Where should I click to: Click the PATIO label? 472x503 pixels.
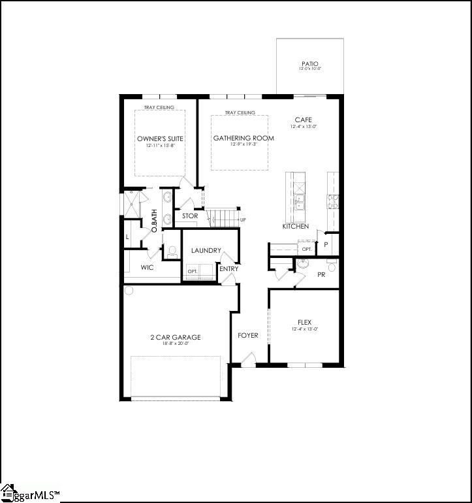click(x=310, y=63)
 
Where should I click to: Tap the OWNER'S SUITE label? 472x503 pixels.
click(x=160, y=138)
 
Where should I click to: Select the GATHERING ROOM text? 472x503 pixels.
click(x=244, y=138)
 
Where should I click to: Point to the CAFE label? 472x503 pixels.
click(x=303, y=120)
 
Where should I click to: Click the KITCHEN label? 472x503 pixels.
click(x=295, y=226)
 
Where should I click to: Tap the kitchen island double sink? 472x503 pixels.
click(x=300, y=203)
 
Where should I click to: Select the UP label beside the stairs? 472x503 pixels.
click(x=243, y=219)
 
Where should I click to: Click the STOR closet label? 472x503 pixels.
click(x=190, y=216)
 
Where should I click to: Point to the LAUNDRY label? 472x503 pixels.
click(x=206, y=251)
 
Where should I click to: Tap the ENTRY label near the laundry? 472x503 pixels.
click(x=229, y=268)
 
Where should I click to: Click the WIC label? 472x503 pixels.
click(x=147, y=268)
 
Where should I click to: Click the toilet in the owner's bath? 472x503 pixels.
click(x=173, y=250)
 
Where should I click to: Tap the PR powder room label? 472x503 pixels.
click(x=321, y=275)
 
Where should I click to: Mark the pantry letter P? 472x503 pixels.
click(x=325, y=244)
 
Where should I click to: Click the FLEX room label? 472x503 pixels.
click(x=304, y=322)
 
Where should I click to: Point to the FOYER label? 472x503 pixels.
click(x=247, y=336)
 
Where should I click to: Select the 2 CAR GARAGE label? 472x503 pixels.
click(x=175, y=337)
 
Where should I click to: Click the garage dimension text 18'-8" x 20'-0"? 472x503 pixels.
click(x=175, y=344)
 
